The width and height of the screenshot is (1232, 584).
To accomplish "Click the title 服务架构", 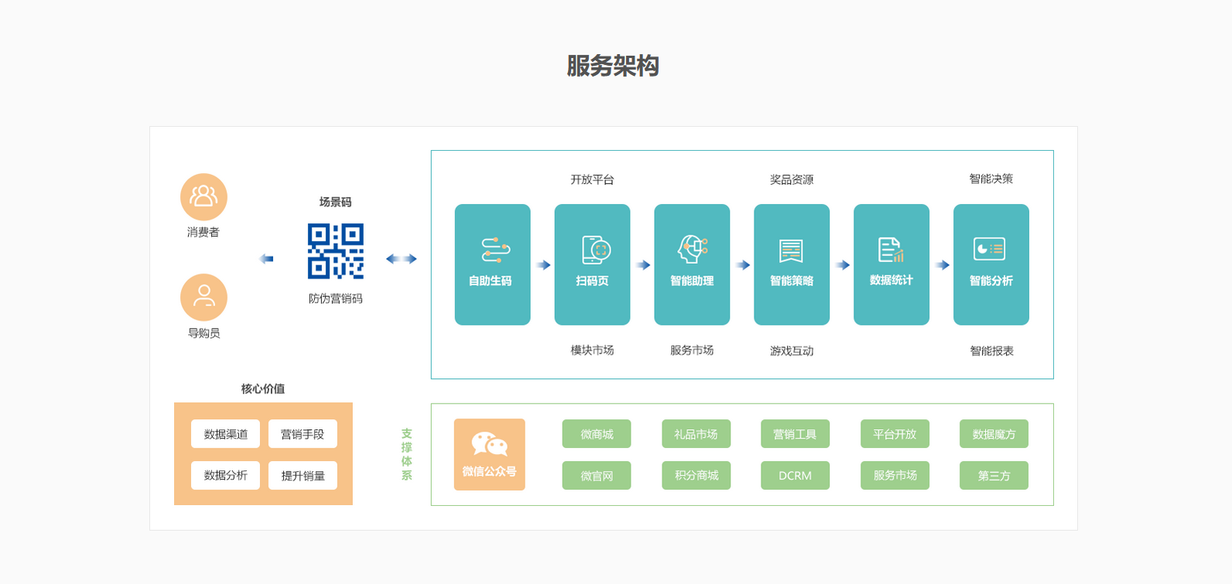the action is (x=613, y=66).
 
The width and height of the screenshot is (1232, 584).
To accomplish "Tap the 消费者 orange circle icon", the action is (x=204, y=197).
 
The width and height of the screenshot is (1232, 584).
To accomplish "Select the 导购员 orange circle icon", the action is (x=204, y=298).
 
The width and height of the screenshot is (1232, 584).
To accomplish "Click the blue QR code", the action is (x=336, y=251).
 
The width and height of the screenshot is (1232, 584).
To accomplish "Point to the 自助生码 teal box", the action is (x=492, y=265).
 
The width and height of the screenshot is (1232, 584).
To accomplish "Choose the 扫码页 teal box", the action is (x=592, y=265).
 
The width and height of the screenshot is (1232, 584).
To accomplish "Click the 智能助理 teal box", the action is (x=692, y=265).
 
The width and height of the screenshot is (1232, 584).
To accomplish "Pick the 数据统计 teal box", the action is (x=891, y=265).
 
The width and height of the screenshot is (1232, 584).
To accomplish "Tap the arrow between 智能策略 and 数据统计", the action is (x=842, y=265).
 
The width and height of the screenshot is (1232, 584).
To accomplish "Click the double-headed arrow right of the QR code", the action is (x=401, y=258).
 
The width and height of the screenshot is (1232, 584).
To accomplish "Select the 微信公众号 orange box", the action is (x=490, y=454).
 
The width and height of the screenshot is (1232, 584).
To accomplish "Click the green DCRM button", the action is (x=796, y=475).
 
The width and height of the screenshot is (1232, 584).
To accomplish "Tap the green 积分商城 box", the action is (x=696, y=475).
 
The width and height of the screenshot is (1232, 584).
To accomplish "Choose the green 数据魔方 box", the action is (x=994, y=434).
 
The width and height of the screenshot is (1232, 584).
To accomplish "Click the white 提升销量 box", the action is (x=303, y=475).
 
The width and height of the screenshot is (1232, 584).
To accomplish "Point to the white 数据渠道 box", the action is (x=225, y=434).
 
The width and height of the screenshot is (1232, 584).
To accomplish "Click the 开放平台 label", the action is (x=592, y=179).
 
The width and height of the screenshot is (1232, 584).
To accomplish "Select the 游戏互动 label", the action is (x=792, y=351).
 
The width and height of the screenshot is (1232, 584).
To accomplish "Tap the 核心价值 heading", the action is (x=263, y=389).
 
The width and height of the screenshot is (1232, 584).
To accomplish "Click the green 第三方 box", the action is (x=994, y=475).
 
